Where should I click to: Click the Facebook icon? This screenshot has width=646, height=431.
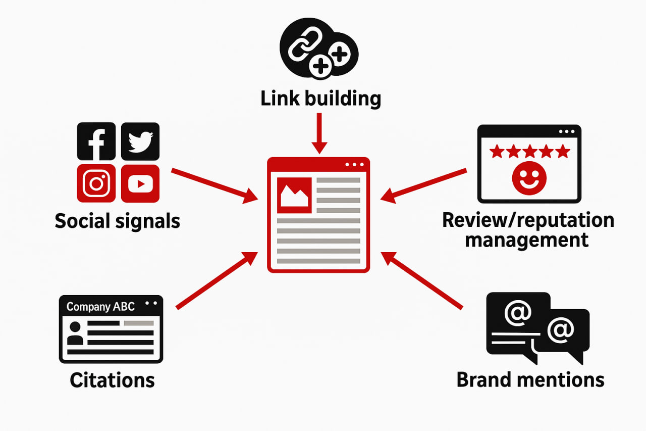pos(96,141)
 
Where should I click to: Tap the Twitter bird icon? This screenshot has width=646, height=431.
pos(140,141)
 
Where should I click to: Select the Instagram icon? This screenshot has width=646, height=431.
pos(96,183)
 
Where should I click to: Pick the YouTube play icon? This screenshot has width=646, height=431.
pos(140,183)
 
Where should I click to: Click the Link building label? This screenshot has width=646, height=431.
pos(321,98)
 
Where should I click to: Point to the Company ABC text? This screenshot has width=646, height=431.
pos(100,307)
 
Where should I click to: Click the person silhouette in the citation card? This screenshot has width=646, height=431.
pos(75,333)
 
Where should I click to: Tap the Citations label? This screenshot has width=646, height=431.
pos(112,380)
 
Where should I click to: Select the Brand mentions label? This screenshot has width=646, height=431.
pos(530,379)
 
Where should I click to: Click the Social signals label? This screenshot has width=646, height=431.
pos(117,221)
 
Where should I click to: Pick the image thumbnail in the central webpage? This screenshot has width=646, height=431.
pos(295,195)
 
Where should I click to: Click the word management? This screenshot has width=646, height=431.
pos(527,240)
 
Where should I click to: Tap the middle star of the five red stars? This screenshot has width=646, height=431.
pos(530,151)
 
